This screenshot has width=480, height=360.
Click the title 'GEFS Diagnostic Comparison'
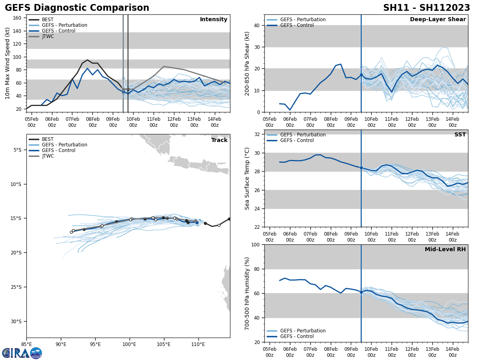click(77, 8)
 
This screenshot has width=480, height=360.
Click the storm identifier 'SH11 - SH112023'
click(426, 8)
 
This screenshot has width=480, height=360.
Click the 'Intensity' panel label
click(214, 20)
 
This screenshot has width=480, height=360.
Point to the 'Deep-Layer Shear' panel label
click(438, 20)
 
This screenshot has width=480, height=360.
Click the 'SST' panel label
click(460, 135)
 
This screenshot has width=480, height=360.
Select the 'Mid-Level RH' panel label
click(445, 250)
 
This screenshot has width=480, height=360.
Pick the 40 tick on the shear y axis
click(256, 25)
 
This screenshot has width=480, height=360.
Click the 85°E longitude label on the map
click(27, 344)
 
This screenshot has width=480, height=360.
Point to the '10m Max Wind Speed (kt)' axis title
click(8, 63)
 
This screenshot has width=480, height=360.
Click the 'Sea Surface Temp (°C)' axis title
click(247, 178)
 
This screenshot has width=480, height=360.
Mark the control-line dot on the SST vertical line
click(361, 168)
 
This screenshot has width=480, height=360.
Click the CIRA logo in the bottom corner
click(22, 353)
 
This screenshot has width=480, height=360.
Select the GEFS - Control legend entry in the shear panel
click(297, 25)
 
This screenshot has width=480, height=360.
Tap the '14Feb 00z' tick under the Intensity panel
click(214, 122)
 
